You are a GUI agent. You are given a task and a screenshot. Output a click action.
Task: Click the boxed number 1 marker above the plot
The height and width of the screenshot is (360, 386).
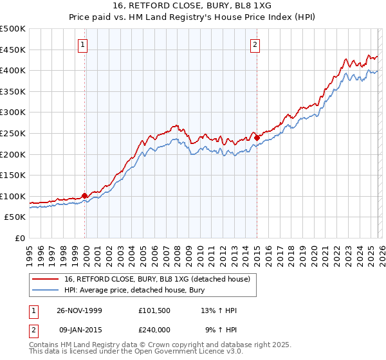point(84,44)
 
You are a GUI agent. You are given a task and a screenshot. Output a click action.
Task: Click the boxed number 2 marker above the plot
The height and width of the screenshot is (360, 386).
point(256,44)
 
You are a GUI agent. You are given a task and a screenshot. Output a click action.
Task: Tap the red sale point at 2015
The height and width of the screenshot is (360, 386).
point(257,137)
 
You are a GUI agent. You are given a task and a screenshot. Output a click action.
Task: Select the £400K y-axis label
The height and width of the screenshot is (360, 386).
point(14,70)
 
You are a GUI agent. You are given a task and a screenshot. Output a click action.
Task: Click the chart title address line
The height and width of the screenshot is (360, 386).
point(193,6)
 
